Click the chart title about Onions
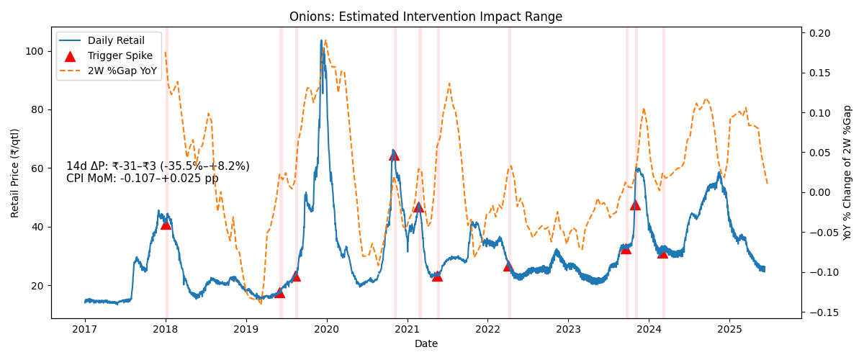pos(426,17)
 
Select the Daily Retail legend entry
pos(102,40)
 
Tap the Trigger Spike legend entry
pos(106,55)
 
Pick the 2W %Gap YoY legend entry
pos(109,71)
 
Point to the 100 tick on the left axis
pos(34,51)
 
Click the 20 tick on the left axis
pos(37,286)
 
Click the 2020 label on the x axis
pos(327,330)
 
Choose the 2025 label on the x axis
pos(729,330)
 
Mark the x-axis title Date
pos(426,343)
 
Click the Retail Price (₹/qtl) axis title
pos(14,173)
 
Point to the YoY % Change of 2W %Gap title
pos(847,173)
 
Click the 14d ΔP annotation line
pos(158,166)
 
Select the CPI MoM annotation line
pos(143,179)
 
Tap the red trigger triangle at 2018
pos(166,225)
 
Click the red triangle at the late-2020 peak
pos(394,156)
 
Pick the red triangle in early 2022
pos(508,266)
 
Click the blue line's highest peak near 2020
pos(321,40)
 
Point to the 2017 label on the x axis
pos(85,330)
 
